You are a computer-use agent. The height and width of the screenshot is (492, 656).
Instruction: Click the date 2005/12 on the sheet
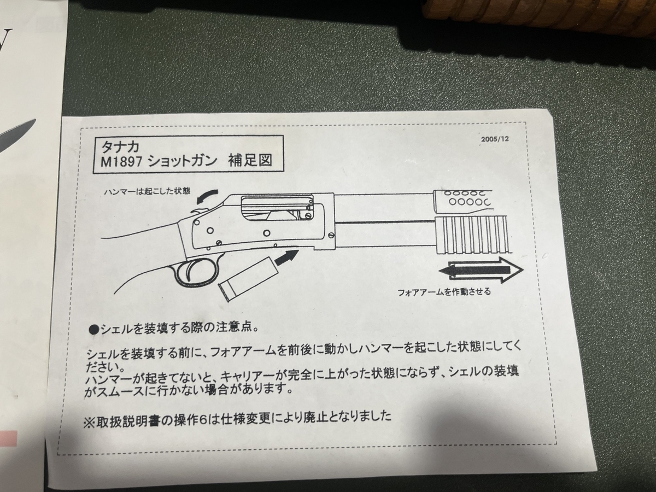click(495, 139)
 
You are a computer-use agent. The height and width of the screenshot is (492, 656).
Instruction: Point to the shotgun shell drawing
click(248, 279)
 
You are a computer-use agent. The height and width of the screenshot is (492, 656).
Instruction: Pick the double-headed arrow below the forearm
click(481, 271)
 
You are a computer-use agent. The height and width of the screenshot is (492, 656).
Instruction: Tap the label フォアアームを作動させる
click(444, 291)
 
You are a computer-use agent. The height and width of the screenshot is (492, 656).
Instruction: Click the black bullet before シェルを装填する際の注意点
click(95, 330)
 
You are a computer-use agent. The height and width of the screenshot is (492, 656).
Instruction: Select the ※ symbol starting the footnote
click(89, 423)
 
